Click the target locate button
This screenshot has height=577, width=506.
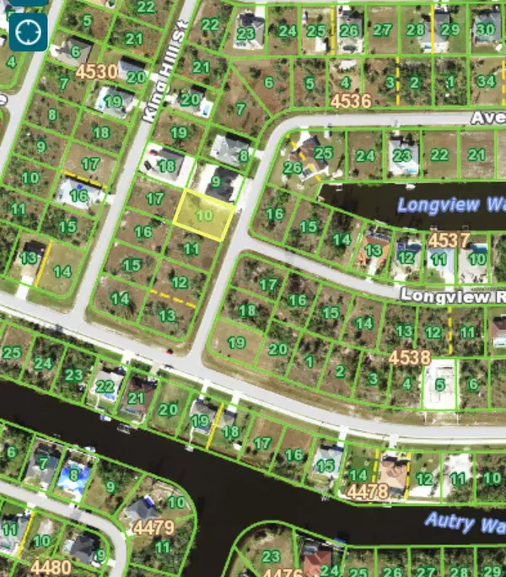pyautogui.click(x=28, y=31)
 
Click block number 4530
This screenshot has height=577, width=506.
pyautogui.click(x=97, y=73)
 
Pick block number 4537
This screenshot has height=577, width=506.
pyautogui.click(x=449, y=241)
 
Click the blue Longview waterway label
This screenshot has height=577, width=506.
pyautogui.click(x=450, y=205)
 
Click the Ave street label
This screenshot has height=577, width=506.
pyautogui.click(x=487, y=119)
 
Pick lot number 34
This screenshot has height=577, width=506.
pyautogui.click(x=485, y=82)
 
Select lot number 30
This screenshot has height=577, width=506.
pyautogui.click(x=484, y=29)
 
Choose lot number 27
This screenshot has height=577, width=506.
pyautogui.click(x=383, y=30)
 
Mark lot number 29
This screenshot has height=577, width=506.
pyautogui.click(x=450, y=30)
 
